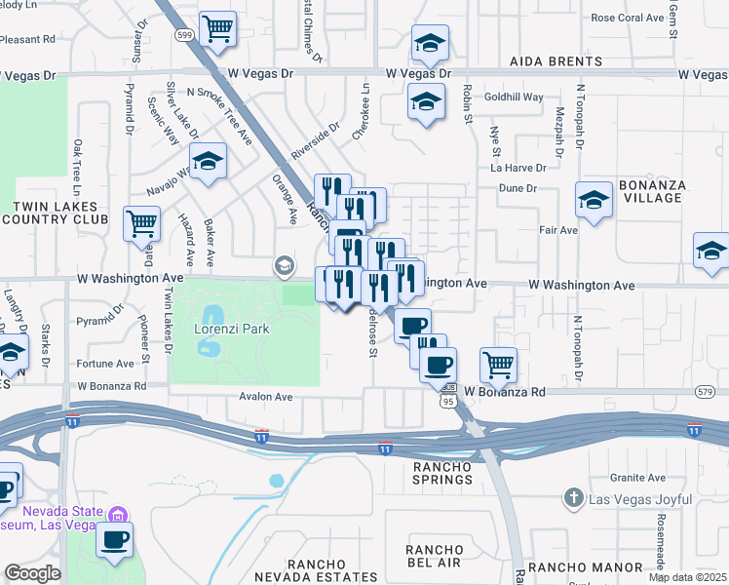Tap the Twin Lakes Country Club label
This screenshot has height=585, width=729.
point(54,214)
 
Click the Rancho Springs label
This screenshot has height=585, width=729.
point(441,473)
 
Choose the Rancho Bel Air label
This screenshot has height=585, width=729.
point(441,557)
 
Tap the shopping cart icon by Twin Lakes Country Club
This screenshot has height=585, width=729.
point(142,223)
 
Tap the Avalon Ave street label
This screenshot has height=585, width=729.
point(267,397)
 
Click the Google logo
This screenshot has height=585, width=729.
point(32,573)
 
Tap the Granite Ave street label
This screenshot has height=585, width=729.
point(637,478)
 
